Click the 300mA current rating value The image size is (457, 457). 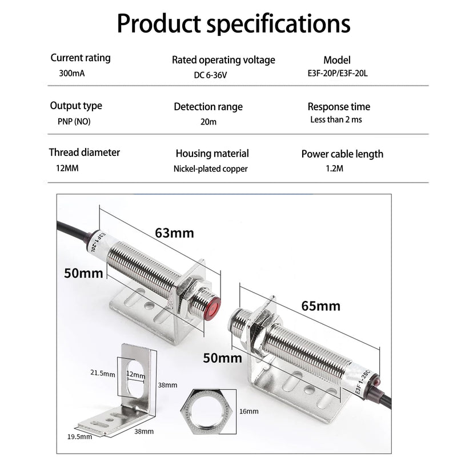click(x=72, y=73)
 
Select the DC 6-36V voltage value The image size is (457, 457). click(x=210, y=75)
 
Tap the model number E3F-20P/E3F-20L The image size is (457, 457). click(x=338, y=73)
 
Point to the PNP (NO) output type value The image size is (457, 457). click(x=74, y=121)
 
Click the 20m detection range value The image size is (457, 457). click(x=209, y=122)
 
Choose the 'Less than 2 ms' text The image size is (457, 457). click(x=336, y=119)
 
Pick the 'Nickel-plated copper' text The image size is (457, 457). click(x=210, y=169)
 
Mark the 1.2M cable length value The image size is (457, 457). click(x=334, y=168)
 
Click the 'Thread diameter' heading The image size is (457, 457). click(x=84, y=153)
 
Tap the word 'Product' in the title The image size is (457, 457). click(x=159, y=23)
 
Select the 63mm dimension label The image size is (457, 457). click(x=174, y=233)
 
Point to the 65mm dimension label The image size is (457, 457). click(x=320, y=306)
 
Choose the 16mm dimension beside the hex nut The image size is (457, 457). click(x=249, y=411)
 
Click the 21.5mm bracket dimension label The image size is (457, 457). click(x=103, y=373)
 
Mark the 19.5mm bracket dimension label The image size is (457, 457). click(x=79, y=436)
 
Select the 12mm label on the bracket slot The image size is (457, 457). click(x=135, y=374)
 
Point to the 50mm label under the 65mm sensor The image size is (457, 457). click(x=222, y=358)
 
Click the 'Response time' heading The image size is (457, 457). click(x=339, y=107)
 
